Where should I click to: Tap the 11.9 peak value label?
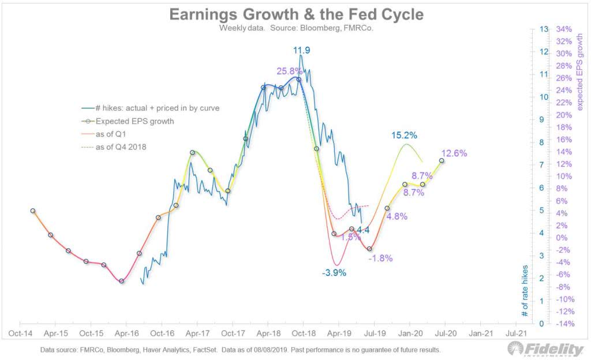point(301,51)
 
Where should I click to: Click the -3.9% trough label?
point(334,273)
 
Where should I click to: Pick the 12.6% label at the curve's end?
point(455,153)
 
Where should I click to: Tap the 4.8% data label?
point(397,216)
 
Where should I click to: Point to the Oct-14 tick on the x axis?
point(20,333)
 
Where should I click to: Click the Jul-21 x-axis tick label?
point(515,333)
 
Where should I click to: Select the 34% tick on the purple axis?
point(564,29)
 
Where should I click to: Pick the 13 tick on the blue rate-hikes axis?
point(543,29)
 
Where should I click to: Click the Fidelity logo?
point(545,349)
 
